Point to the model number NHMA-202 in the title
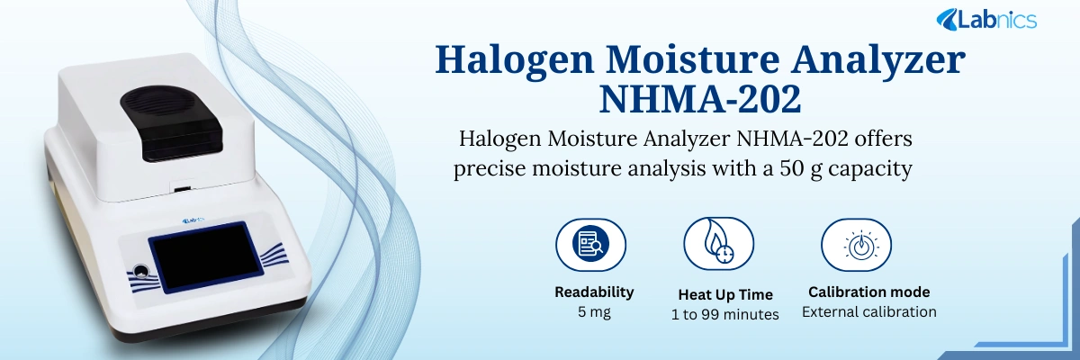point(699,99)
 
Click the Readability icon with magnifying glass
point(590,243)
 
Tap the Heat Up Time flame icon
point(718,243)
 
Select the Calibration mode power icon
point(856,243)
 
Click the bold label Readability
point(594,292)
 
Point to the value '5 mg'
point(594,312)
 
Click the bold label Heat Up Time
point(724,294)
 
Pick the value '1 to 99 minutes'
point(724,314)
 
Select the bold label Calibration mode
point(868,292)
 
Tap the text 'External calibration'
point(868,311)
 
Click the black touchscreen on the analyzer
point(202,262)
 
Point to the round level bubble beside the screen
point(140,268)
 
